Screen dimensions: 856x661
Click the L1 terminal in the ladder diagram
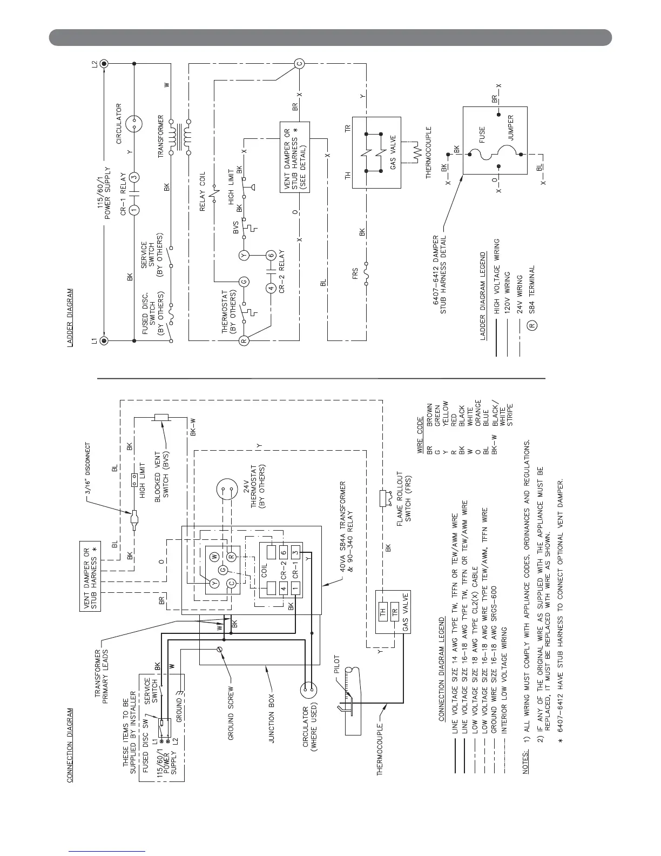[105, 340]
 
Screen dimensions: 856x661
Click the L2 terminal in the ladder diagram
[105, 64]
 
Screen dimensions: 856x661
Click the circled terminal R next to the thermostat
[244, 340]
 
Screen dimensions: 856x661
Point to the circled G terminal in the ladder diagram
[244, 281]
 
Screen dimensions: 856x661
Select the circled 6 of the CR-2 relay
[272, 255]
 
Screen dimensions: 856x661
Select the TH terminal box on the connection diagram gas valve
[383, 613]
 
